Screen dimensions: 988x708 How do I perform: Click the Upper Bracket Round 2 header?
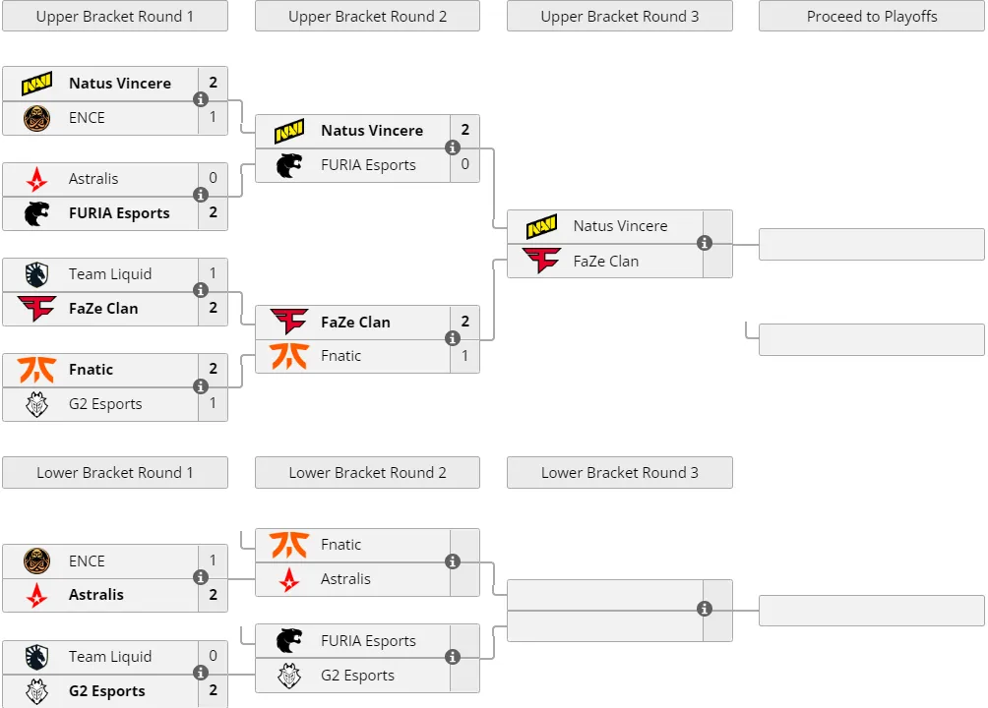367,17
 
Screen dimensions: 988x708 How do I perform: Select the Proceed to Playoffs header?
872,17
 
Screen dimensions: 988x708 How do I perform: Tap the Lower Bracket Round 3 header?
619,472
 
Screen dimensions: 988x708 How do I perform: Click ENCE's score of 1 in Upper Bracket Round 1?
213,117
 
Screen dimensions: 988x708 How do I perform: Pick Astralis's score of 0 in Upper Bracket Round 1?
213,178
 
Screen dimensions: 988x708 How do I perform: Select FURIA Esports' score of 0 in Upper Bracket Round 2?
465,164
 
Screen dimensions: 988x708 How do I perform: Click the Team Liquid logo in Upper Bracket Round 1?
36,274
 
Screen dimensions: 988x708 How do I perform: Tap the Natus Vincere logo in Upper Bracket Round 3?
541,226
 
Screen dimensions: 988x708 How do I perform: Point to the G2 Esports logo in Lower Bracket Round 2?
289,676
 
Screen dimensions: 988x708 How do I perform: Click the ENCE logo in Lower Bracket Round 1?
36,560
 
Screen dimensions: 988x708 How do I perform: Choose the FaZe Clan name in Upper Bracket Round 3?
605,261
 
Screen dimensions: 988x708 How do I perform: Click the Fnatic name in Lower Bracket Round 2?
340,544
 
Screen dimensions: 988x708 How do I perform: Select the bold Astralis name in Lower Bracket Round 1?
95,594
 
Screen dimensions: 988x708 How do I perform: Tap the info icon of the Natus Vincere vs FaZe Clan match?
705,243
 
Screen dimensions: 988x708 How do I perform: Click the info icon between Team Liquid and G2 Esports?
201,673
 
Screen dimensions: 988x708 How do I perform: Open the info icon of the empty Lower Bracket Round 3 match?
705,609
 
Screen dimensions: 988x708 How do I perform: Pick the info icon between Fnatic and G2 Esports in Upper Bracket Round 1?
201,386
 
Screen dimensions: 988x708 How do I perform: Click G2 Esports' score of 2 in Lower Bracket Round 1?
213,689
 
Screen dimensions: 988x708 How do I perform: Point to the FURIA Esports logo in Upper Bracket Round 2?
289,165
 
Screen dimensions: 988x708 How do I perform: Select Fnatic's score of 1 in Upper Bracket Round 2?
465,355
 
